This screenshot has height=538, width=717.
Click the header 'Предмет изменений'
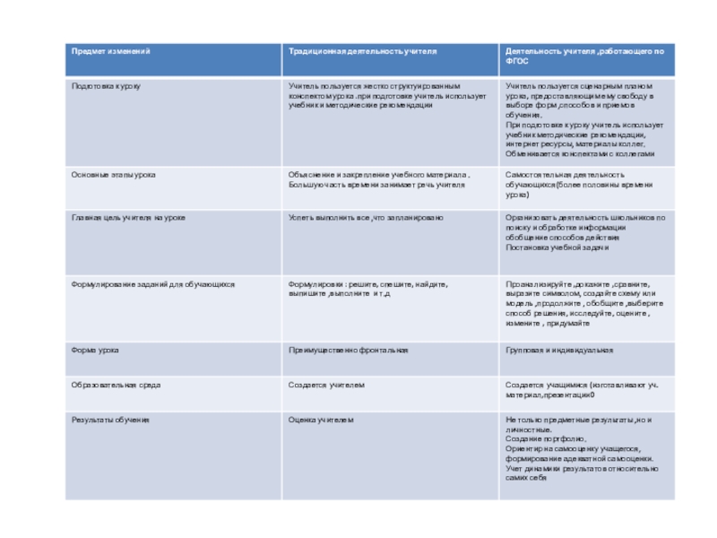[111, 51]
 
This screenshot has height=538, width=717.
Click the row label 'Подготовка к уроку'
[106, 85]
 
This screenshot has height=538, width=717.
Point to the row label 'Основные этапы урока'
[113, 174]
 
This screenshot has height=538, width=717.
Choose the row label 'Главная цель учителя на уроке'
[128, 217]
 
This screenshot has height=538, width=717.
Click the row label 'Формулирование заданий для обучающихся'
[152, 283]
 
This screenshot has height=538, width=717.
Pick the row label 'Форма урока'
[95, 350]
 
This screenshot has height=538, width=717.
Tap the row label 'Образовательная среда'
[116, 385]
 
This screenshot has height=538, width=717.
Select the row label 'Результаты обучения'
[110, 420]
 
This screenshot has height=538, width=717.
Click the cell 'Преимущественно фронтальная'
[348, 350]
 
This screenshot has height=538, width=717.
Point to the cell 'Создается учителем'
[326, 385]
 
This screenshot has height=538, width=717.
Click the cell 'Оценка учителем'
[321, 420]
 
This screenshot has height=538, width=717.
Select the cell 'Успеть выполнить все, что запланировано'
[366, 217]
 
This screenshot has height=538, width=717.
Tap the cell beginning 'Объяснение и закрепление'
[378, 178]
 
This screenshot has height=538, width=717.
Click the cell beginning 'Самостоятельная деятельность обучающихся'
[579, 184]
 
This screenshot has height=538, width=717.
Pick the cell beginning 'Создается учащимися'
[582, 389]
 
